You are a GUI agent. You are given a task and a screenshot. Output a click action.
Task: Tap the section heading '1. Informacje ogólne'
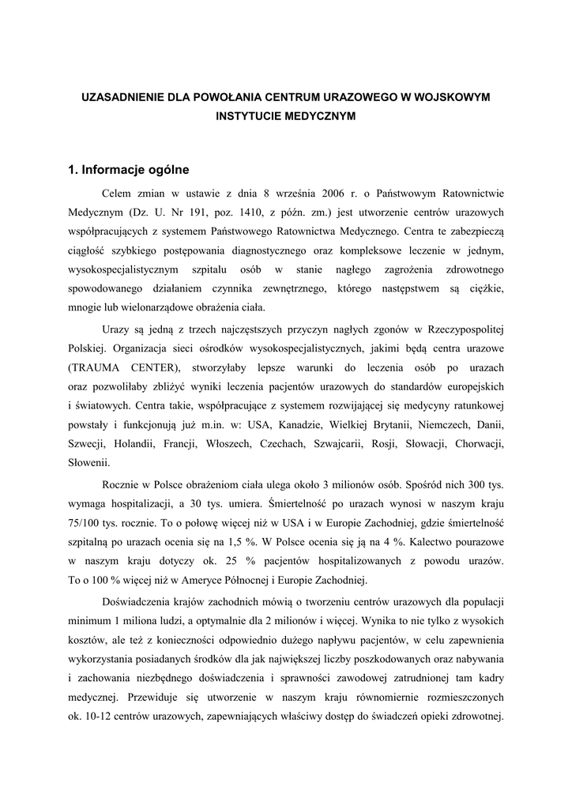tap(129, 169)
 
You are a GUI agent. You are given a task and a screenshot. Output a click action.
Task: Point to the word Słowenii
tap(89, 463)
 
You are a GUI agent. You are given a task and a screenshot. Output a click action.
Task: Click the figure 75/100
tap(84, 521)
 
